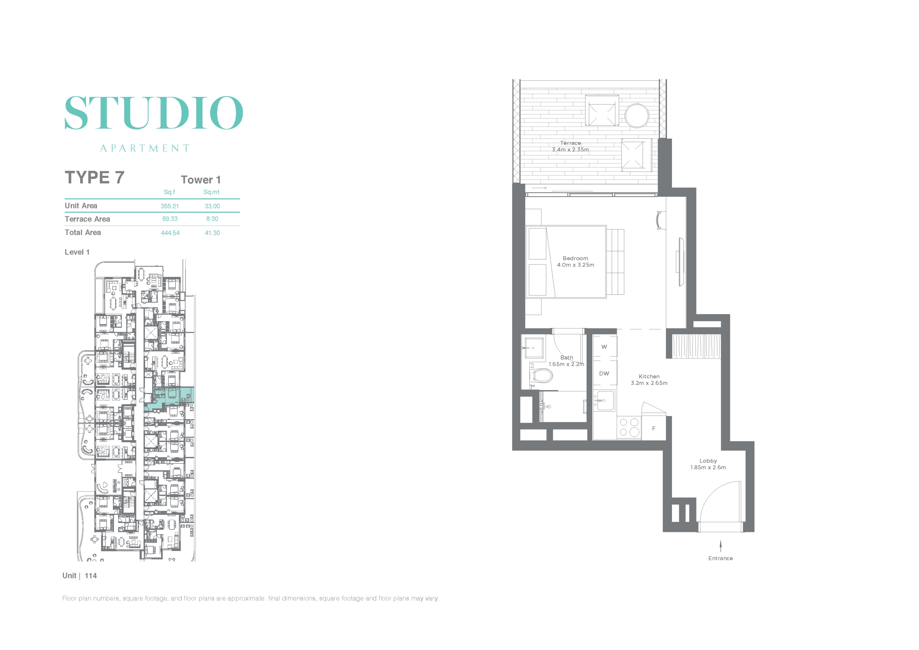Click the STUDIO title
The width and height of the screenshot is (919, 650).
pos(154,112)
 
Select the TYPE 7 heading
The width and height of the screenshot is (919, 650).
pos(94,177)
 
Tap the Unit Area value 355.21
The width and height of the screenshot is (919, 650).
pos(170,206)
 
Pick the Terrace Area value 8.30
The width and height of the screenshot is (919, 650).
pos(212,219)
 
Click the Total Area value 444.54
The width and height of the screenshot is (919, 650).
pos(170,233)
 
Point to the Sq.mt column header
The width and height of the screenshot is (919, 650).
pos(211,192)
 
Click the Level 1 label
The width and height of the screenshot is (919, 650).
pos(77,252)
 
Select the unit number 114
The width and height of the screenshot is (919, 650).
pos(91,576)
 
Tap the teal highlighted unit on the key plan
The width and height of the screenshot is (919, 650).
pos(170,397)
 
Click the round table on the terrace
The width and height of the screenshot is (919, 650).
pos(637,116)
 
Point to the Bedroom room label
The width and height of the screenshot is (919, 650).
pos(575,258)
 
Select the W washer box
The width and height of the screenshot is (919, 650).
pos(605,347)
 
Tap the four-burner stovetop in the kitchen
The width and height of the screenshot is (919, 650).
pos(629,427)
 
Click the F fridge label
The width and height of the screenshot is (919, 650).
pos(654,429)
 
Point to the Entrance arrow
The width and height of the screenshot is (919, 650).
pos(721,546)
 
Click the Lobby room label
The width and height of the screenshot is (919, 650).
pos(708,461)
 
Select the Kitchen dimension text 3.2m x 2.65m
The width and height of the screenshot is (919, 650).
pos(649,383)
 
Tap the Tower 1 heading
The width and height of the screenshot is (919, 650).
pos(201,180)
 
